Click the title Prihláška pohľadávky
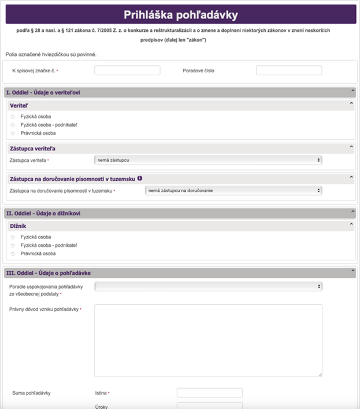(180, 14)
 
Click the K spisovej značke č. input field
(127, 71)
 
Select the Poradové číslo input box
(288, 71)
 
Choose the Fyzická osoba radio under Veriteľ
(13, 117)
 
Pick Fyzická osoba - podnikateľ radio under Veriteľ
(13, 125)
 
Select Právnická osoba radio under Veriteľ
(13, 133)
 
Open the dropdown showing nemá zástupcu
(208, 160)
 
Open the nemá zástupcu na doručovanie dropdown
(233, 190)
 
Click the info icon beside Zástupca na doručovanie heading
(140, 179)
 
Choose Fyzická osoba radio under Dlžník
(13, 237)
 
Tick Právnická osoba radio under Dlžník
(13, 253)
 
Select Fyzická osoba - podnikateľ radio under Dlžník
(13, 245)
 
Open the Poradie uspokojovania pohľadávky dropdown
(208, 286)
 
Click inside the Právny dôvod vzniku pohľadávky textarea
(208, 340)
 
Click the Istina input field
(209, 393)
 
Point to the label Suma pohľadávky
(32, 393)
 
